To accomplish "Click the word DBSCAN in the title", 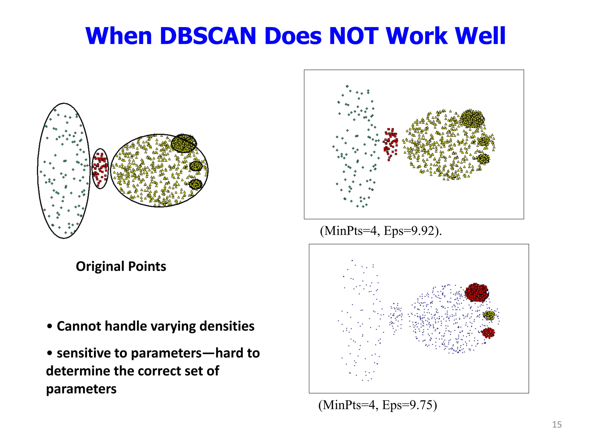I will click(208, 36).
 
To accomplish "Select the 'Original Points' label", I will click(121, 266).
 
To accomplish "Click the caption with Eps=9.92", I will click(381, 231).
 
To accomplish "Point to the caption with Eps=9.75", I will click(378, 405).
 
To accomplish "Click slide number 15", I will click(557, 424).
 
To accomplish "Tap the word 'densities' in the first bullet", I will click(227, 326).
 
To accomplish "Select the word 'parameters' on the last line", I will click(81, 389).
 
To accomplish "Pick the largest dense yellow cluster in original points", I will click(183, 143).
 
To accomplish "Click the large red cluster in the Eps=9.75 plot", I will click(477, 292).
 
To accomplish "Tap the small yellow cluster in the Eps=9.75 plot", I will click(489, 315).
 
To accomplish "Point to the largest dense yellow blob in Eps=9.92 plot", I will click(471, 118).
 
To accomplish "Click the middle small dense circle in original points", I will click(196, 166).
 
